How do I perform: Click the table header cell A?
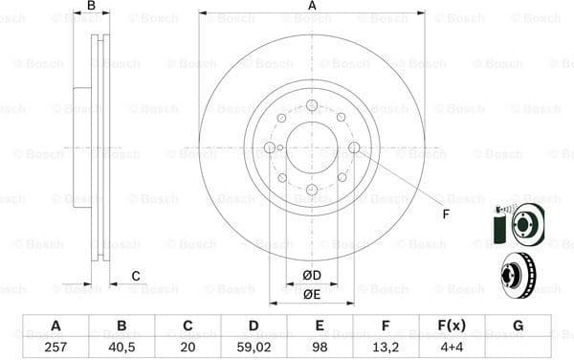tap(55, 325)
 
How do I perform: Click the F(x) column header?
tap(451, 325)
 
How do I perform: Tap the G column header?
tap(518, 325)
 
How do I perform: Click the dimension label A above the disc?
tap(312, 6)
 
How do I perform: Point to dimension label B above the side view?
tap(91, 6)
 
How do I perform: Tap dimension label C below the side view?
tap(136, 277)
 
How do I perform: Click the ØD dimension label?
tap(312, 276)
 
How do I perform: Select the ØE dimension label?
tap(312, 294)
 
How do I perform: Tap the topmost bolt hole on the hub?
tap(312, 105)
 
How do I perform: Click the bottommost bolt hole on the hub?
tap(312, 190)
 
